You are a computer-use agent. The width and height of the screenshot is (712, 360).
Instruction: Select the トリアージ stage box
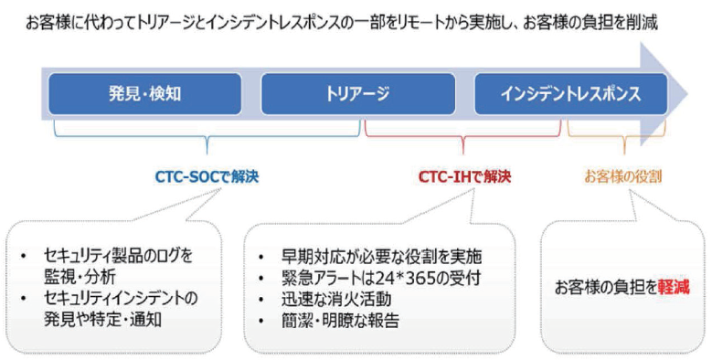pyautogui.click(x=357, y=94)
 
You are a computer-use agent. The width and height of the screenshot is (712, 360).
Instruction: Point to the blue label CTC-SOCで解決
pyautogui.click(x=208, y=176)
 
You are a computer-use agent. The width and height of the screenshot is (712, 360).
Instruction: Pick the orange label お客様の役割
pyautogui.click(x=623, y=176)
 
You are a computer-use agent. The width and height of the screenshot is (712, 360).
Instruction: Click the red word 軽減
pyautogui.click(x=673, y=287)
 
